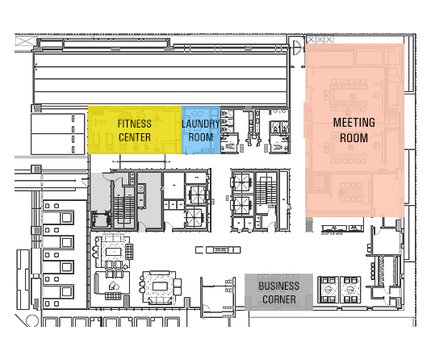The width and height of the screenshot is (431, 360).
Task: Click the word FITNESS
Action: [x=135, y=123]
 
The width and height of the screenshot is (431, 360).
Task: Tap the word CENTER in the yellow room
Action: [x=135, y=137]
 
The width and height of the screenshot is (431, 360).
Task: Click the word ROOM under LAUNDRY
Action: [x=201, y=137]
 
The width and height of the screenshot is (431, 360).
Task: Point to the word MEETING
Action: [x=354, y=123]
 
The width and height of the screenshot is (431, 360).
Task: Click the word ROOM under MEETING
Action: [x=354, y=138]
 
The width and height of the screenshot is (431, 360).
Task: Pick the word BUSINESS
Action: [x=278, y=286]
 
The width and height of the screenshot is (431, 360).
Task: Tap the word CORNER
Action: [x=278, y=299]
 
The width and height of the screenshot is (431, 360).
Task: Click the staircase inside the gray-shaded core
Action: [x=123, y=201]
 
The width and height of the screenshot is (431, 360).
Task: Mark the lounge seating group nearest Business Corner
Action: [x=158, y=285]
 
